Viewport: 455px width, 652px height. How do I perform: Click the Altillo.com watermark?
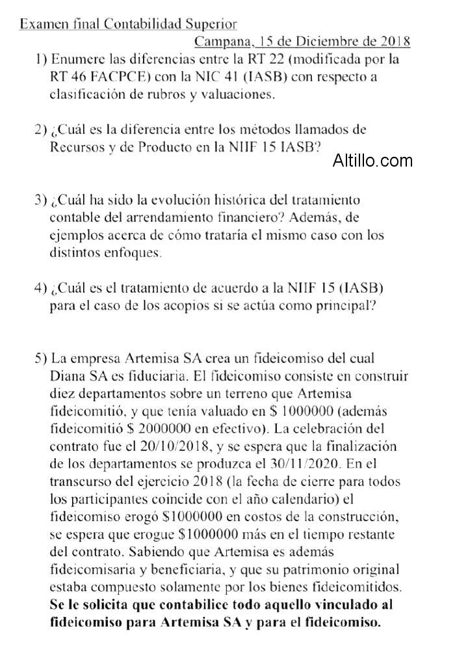click(372, 160)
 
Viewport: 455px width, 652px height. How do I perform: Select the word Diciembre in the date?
click(339, 42)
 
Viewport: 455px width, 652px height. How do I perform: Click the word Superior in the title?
click(210, 25)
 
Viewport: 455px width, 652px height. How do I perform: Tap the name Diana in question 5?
click(68, 375)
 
